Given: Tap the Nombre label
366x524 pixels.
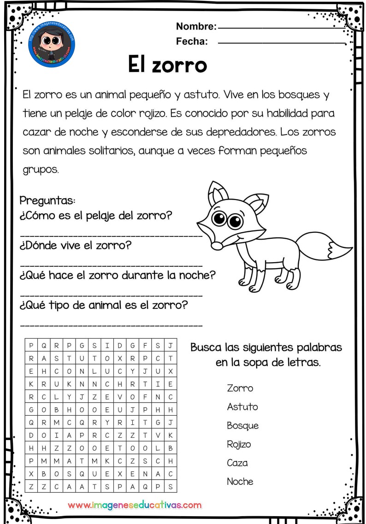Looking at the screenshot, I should (195, 26).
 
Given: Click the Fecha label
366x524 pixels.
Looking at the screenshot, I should (192, 42).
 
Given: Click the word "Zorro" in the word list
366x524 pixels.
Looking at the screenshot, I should (240, 388).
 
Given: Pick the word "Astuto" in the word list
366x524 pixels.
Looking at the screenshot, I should (242, 407).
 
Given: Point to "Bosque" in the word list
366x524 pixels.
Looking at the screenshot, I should (242, 426).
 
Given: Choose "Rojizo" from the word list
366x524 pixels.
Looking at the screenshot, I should (240, 444).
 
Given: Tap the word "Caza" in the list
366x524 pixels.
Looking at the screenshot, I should (237, 463).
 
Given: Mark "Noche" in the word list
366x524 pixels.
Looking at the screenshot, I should (240, 482).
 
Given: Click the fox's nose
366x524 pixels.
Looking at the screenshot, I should (218, 247).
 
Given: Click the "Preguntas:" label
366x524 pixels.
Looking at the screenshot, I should (47, 201).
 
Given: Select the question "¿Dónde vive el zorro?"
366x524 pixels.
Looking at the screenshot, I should (76, 245).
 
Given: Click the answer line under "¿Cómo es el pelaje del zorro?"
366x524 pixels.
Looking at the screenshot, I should (111, 236).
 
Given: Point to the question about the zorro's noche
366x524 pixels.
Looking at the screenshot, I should (118, 276).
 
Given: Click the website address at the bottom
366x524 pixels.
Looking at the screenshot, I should (135, 505).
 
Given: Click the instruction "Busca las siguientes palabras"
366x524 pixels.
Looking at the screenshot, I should (266, 347).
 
